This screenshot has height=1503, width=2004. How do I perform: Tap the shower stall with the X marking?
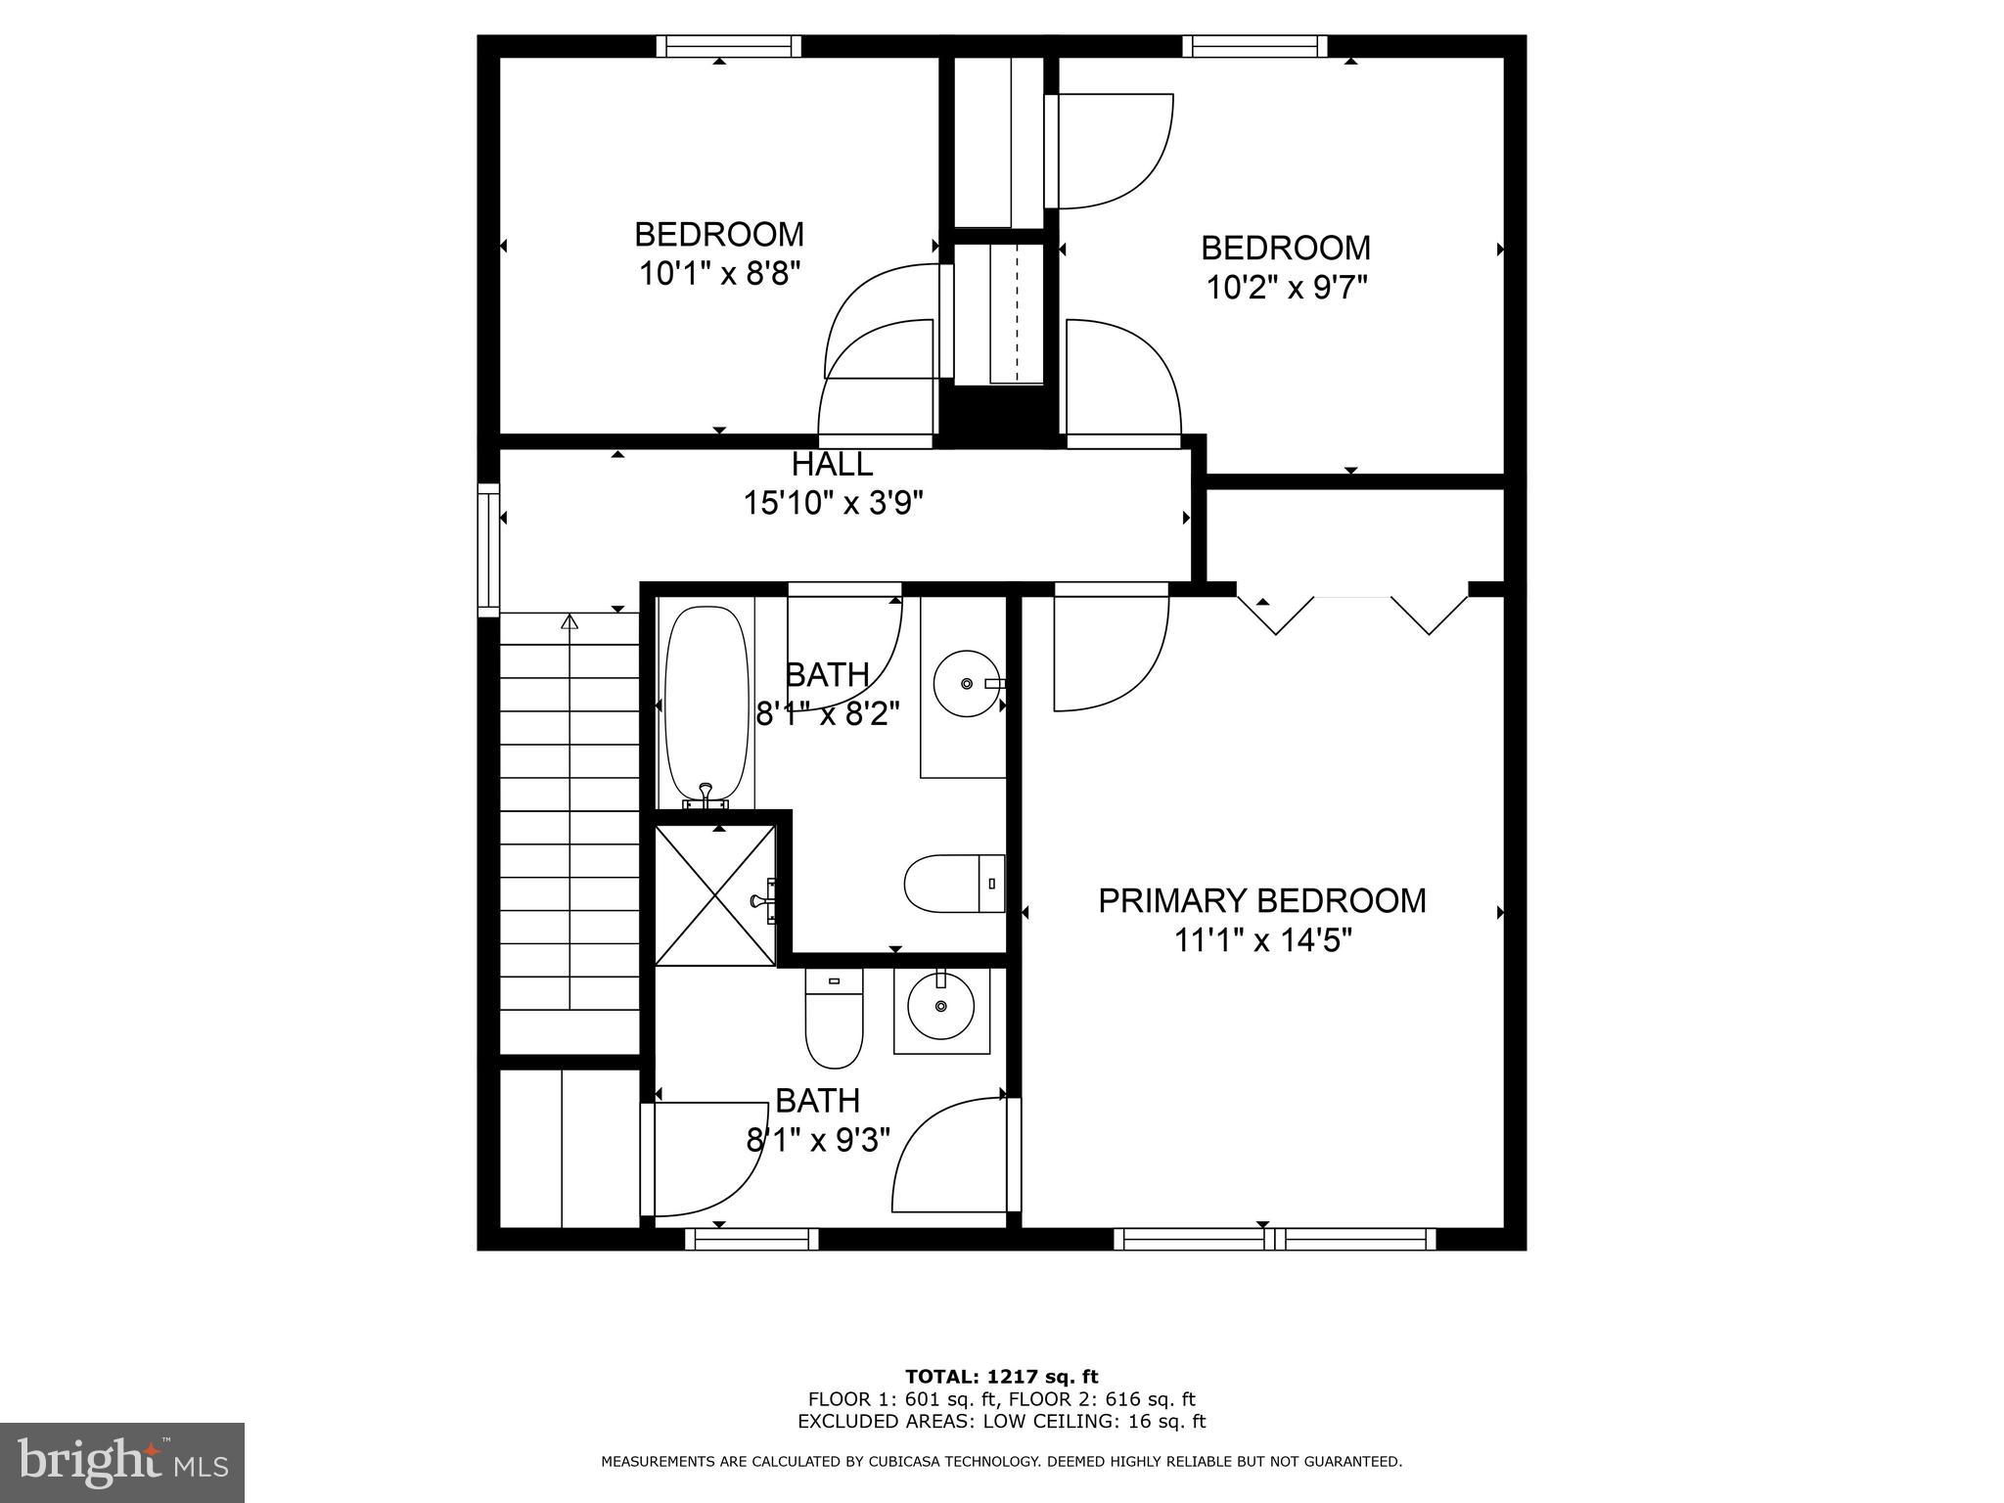[x=715, y=894]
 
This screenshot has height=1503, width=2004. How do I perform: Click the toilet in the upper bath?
[x=954, y=884]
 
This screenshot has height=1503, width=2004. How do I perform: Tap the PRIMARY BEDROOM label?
[x=1261, y=900]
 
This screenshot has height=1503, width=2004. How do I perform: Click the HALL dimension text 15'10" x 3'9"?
[x=833, y=503]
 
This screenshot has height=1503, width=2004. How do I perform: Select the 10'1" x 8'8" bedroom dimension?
[x=719, y=273]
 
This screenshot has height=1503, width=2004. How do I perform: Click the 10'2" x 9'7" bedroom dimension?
[x=1285, y=288]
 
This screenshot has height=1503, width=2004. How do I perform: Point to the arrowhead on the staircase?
[x=569, y=620]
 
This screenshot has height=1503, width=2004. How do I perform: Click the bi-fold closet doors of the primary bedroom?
[x=1352, y=612]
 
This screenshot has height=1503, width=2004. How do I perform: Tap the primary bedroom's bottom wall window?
[x=1274, y=1239]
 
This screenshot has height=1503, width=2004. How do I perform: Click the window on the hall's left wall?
[x=487, y=550]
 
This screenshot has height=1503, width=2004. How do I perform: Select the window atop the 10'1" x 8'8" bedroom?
[x=728, y=46]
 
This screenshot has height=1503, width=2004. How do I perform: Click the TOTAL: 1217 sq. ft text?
[x=1001, y=1377]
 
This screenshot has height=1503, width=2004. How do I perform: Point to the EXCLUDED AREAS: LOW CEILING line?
[x=1001, y=1422]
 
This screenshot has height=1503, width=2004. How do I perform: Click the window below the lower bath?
[x=751, y=1239]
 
